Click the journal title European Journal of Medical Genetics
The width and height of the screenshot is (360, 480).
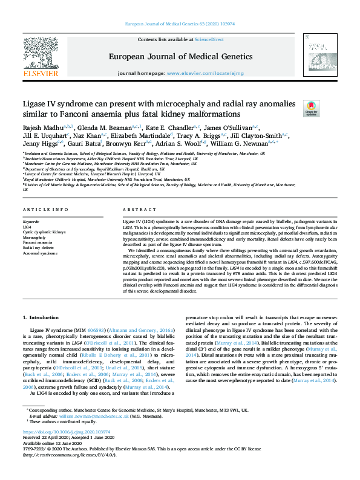[x=180, y=56]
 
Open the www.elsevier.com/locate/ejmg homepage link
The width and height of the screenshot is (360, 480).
[x=211, y=73]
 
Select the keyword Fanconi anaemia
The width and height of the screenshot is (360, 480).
[x=38, y=242]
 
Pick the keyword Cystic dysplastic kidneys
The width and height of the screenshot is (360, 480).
[x=45, y=232]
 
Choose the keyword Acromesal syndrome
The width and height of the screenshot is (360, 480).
[x=41, y=253]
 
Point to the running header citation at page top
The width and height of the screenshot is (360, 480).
[x=180, y=24]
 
